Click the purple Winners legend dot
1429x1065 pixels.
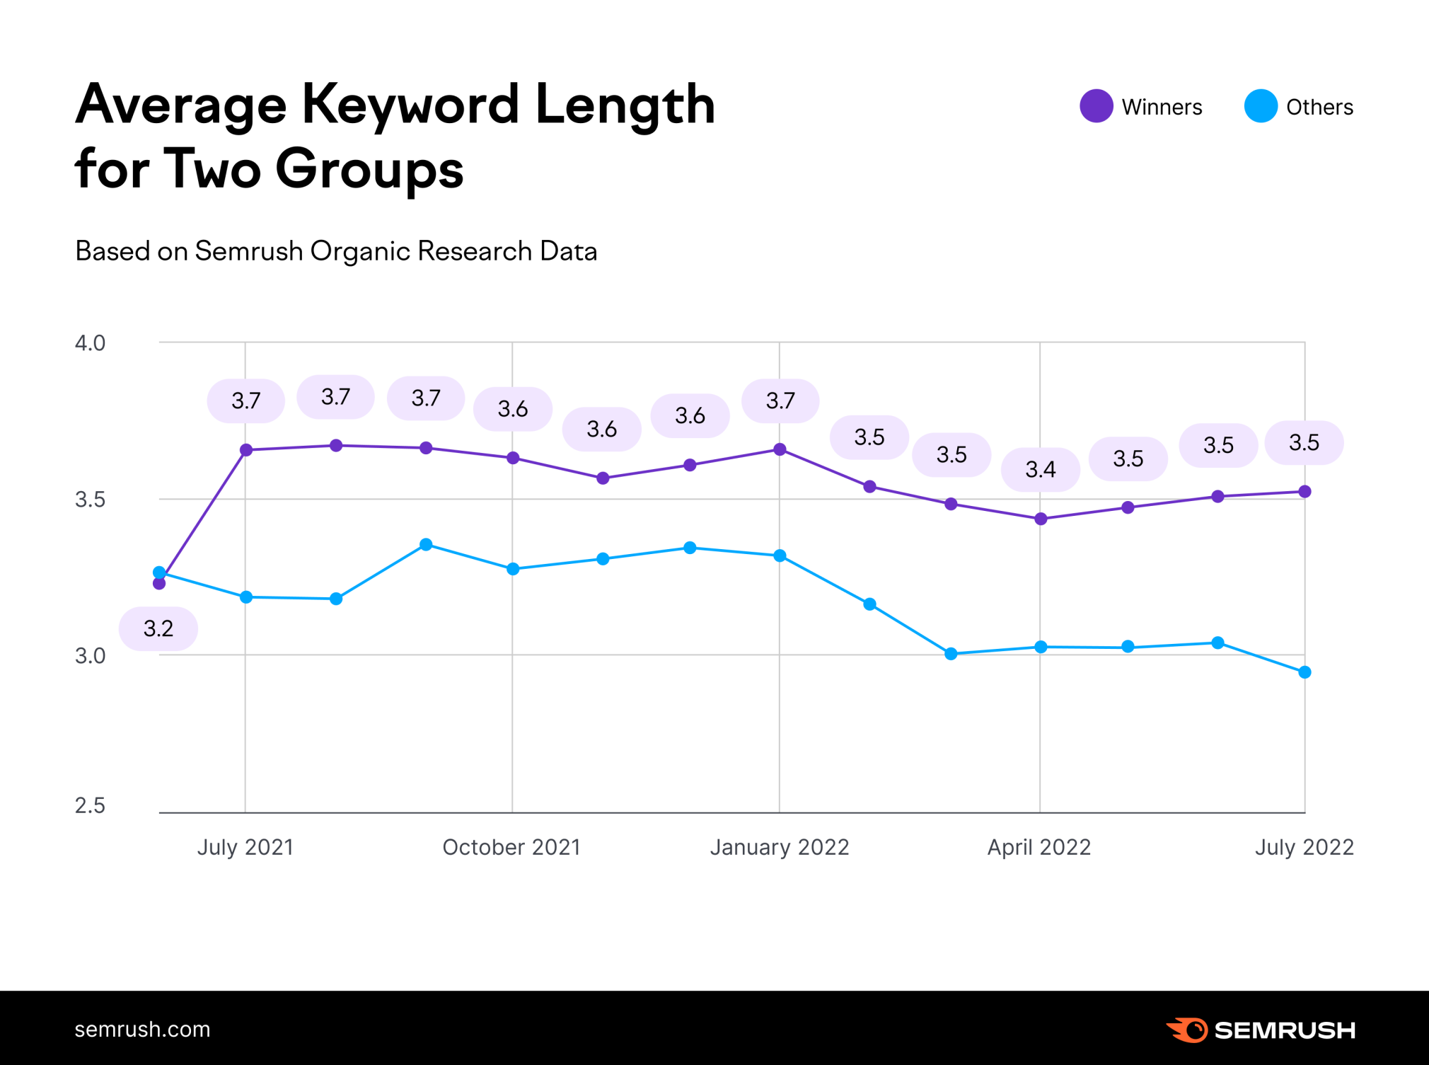pos(1096,106)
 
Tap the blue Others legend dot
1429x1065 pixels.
pos(1260,106)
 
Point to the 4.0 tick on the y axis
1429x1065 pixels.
pos(90,343)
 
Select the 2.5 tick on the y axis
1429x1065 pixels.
pos(90,805)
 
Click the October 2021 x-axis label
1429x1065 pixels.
pos(511,847)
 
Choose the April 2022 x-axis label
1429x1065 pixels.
pos(1039,847)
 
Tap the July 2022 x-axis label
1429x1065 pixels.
pos(1304,847)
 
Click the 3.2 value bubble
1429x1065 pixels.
pos(158,628)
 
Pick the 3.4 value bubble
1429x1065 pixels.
pos(1041,469)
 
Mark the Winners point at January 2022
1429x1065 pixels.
pos(780,449)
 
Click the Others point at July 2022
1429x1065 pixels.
pos(1305,672)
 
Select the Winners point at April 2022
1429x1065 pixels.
pos(1041,519)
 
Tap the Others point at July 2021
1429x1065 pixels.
pos(246,597)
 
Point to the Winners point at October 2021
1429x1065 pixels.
pos(513,458)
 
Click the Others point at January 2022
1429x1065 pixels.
pos(780,555)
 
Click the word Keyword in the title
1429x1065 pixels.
pos(410,105)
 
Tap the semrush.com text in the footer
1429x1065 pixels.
pos(142,1029)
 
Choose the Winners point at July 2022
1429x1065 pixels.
pos(1305,492)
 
